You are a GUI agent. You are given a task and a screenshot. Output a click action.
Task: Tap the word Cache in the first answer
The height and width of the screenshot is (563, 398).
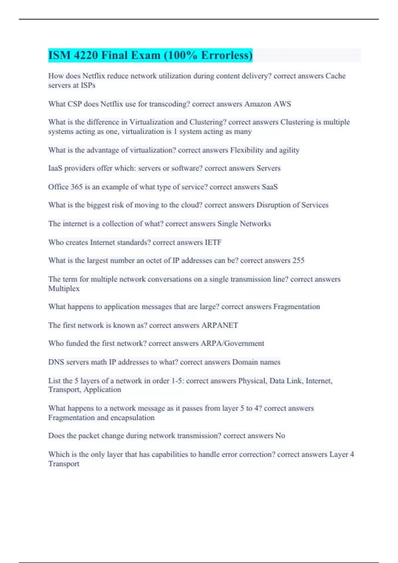point(335,76)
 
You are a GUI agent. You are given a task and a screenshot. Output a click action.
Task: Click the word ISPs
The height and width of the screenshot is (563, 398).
point(88,85)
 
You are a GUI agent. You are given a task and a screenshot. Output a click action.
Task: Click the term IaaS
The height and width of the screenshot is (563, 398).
point(55,168)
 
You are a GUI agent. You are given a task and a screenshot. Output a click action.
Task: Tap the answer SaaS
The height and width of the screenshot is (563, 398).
point(269,187)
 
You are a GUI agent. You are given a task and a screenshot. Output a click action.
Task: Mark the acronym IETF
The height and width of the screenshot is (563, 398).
point(213,242)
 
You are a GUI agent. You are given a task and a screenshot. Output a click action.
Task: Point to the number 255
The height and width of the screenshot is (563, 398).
point(298,261)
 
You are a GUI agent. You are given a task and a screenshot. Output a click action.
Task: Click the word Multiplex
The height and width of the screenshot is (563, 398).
point(64,288)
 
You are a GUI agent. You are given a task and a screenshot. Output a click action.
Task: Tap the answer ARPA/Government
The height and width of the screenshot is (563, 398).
point(232,343)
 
